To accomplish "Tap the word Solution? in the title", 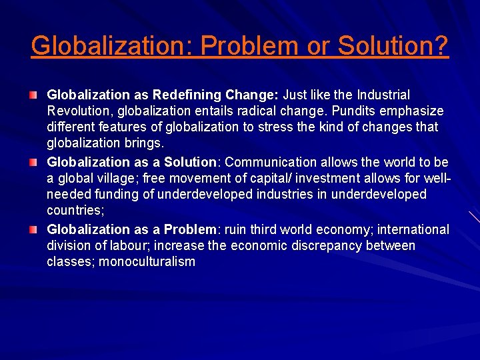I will pos(393,45).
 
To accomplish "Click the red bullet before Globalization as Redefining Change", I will pos(33,95).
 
